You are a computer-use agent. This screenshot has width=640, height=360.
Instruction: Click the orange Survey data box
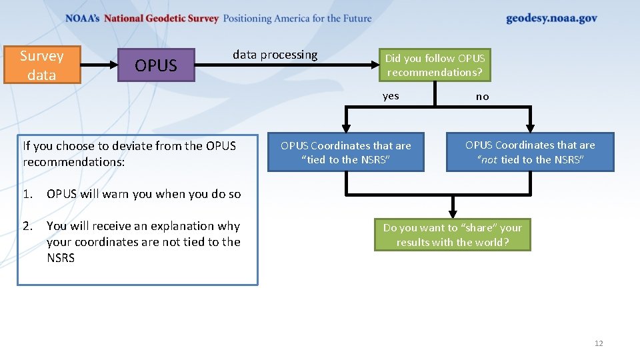click(x=42, y=65)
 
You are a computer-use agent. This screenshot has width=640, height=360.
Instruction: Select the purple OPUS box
click(x=156, y=65)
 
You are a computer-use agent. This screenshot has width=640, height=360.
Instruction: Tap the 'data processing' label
click(x=275, y=55)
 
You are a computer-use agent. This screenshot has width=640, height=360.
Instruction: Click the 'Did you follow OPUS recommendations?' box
click(x=435, y=65)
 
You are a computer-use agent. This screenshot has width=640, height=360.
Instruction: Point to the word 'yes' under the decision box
click(x=391, y=96)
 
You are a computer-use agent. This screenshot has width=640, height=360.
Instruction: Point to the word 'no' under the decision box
click(x=482, y=97)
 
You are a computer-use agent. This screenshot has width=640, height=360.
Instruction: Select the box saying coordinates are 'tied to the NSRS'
click(x=345, y=153)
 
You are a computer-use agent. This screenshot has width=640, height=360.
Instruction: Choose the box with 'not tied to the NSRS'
click(x=530, y=152)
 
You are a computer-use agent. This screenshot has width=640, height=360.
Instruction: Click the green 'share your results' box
click(x=452, y=235)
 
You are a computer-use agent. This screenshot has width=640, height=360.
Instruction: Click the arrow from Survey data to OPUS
click(x=99, y=65)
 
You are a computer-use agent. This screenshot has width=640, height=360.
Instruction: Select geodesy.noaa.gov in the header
click(x=551, y=19)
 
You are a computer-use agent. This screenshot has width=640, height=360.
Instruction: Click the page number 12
click(x=598, y=343)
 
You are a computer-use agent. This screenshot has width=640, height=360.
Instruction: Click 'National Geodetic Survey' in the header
click(x=161, y=19)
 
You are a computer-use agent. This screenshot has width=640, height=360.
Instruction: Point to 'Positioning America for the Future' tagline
click(x=297, y=19)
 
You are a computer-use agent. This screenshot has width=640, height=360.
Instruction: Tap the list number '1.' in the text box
click(x=27, y=194)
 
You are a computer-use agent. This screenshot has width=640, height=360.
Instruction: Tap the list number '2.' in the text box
click(x=27, y=226)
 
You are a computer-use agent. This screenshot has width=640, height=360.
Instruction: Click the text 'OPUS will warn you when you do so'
click(x=143, y=194)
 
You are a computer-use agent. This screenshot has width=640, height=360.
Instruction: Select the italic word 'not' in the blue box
click(x=489, y=160)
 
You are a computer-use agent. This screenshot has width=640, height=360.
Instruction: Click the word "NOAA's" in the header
click(x=83, y=19)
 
